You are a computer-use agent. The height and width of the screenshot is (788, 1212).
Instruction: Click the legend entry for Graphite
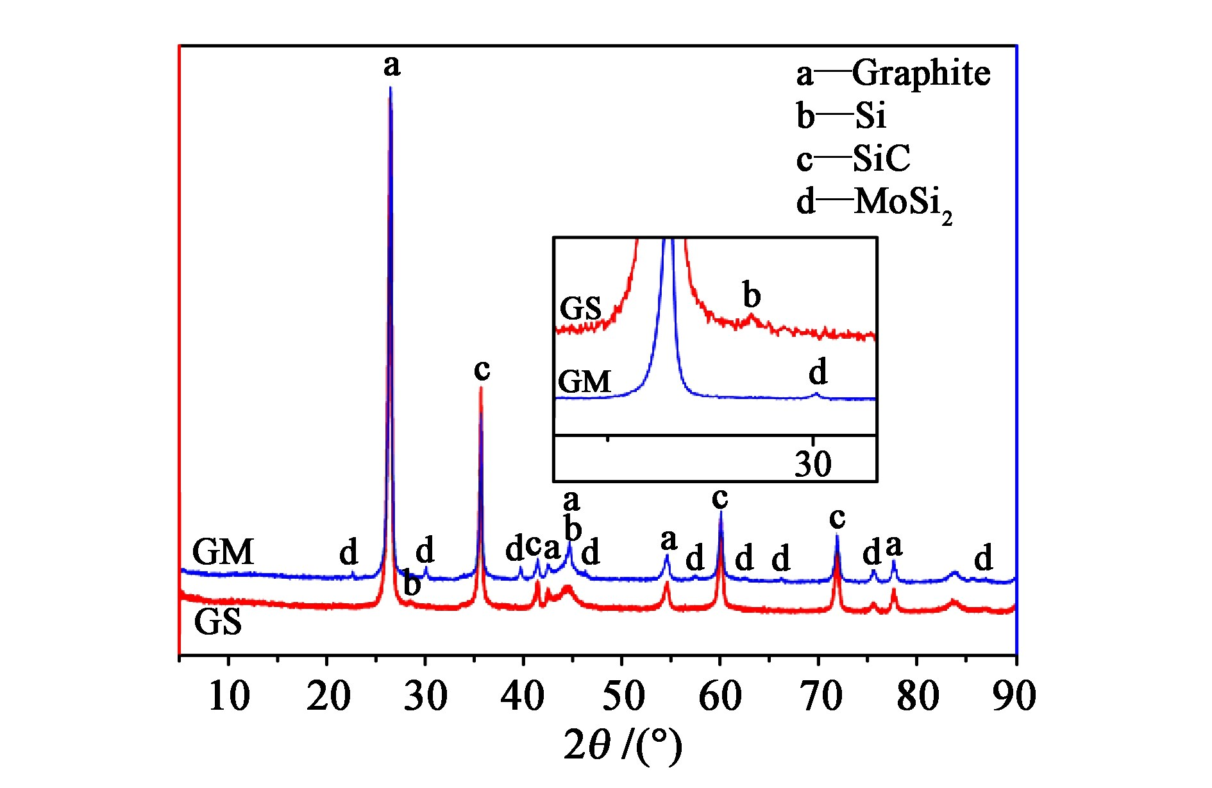click(893, 73)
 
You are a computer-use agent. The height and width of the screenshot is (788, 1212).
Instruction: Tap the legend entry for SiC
click(854, 158)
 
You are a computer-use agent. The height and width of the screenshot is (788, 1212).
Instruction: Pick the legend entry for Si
click(842, 116)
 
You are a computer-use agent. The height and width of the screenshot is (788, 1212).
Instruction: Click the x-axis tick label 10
click(229, 696)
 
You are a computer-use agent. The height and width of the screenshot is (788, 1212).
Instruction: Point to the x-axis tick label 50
click(622, 696)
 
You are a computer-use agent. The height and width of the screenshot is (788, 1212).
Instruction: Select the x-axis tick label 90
click(1014, 696)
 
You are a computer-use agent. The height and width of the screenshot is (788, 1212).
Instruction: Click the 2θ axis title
click(622, 745)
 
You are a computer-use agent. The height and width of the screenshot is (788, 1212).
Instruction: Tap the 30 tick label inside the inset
click(812, 463)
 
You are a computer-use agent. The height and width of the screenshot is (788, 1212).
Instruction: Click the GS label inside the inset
click(580, 309)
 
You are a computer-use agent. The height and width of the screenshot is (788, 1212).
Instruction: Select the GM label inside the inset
click(584, 382)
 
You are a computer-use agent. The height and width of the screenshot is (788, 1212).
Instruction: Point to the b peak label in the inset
click(752, 295)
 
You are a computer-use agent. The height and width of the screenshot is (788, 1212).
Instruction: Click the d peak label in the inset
click(818, 372)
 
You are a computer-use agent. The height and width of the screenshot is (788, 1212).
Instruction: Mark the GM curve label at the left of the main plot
click(223, 552)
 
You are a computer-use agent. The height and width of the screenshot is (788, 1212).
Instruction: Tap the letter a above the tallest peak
click(392, 65)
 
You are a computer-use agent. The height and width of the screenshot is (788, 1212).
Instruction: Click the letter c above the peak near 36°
click(482, 369)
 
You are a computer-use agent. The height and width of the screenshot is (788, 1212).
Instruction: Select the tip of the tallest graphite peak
click(390, 89)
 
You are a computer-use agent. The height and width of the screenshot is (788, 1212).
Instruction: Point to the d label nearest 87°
click(983, 558)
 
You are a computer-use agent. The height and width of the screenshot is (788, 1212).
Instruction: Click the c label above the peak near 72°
click(837, 517)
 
